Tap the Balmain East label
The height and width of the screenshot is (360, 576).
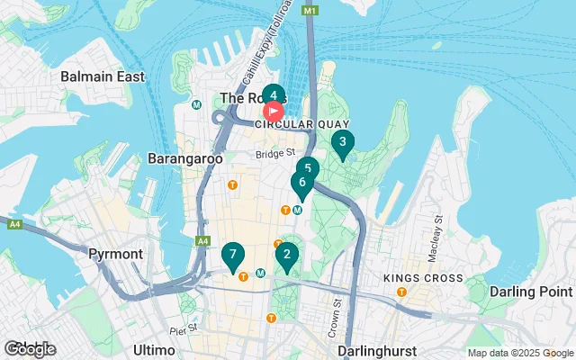click(x=103, y=76)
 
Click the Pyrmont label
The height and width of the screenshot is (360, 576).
click(x=116, y=254)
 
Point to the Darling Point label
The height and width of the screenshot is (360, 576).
click(x=530, y=292)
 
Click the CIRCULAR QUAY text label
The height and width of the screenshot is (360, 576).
click(x=289, y=126)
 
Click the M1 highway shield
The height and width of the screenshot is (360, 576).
click(x=310, y=10)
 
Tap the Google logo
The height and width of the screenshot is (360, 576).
click(x=30, y=349)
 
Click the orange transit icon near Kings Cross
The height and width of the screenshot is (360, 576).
click(x=402, y=292)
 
